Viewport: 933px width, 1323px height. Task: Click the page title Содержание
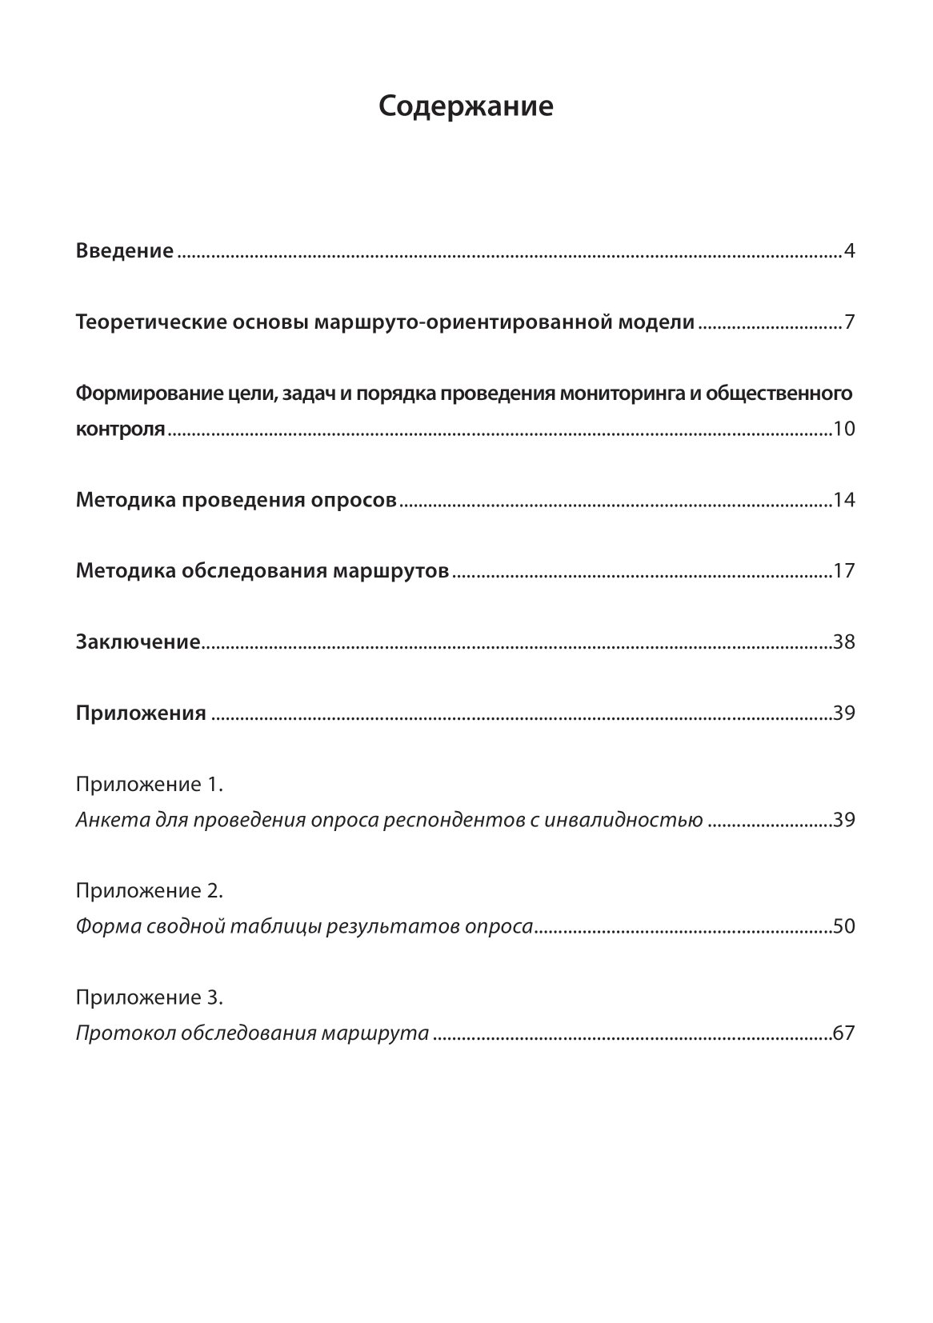pos(466,106)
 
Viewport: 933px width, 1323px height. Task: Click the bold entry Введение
pos(124,251)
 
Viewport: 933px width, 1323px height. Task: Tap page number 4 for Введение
pos(849,252)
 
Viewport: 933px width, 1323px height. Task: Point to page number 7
pos(849,323)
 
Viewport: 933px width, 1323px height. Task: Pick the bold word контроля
pos(120,430)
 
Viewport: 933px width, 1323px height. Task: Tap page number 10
pos(843,430)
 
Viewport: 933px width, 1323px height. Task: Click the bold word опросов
pos(353,501)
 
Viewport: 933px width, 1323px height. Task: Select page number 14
pos(843,501)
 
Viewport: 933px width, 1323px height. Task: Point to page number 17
pos(843,572)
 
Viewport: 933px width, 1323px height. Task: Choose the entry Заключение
pos(137,642)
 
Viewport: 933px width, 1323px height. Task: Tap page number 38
pos(843,642)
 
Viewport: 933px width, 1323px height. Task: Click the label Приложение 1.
pos(149,785)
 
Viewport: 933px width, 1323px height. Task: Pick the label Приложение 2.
pos(149,891)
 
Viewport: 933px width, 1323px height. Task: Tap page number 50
pos(843,927)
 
